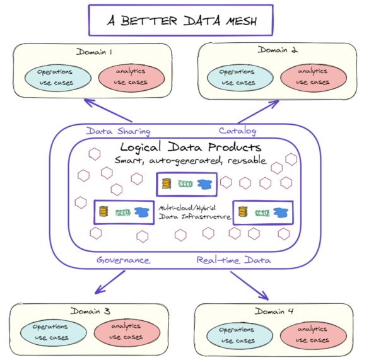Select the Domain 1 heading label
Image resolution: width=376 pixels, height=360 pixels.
[x=94, y=52]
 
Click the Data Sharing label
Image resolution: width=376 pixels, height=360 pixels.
[x=118, y=131]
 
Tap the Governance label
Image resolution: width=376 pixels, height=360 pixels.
[x=123, y=260]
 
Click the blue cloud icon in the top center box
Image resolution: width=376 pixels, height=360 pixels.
[x=204, y=184]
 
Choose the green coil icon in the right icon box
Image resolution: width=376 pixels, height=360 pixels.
[x=262, y=212]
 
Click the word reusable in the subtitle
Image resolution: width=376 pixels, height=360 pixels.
[x=245, y=161]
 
